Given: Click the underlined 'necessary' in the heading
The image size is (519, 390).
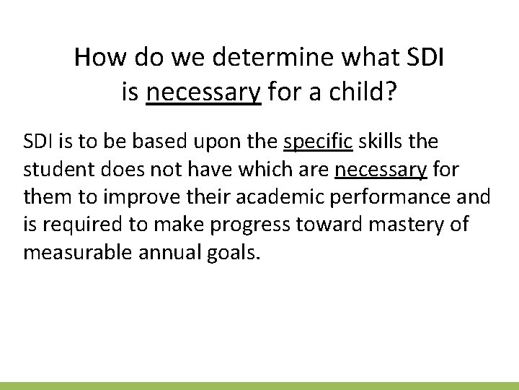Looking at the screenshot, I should (x=203, y=92).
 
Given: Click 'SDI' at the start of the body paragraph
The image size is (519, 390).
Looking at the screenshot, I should (x=37, y=142).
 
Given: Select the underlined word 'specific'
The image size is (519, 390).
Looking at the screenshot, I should (x=318, y=142).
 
